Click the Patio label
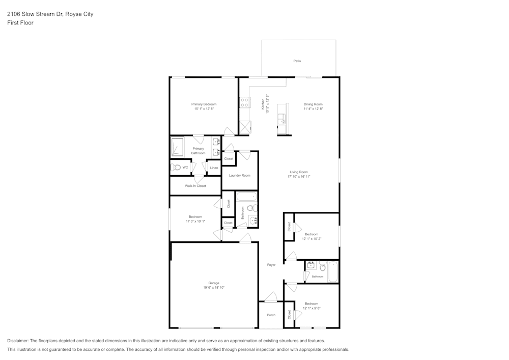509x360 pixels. pyautogui.click(x=297, y=61)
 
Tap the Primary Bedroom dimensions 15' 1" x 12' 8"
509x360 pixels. pyautogui.click(x=204, y=109)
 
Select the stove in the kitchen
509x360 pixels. pyautogui.click(x=244, y=102)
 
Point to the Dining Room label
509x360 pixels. pyautogui.click(x=313, y=104)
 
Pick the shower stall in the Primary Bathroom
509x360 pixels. pyautogui.click(x=177, y=147)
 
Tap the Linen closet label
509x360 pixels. pyautogui.click(x=214, y=168)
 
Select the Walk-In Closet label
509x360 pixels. pyautogui.click(x=195, y=186)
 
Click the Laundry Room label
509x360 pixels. pyautogui.click(x=239, y=176)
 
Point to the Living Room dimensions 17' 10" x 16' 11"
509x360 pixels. pyautogui.click(x=299, y=177)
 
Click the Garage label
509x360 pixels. pyautogui.click(x=214, y=283)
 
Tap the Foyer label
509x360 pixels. pyautogui.click(x=271, y=265)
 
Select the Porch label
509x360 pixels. pyautogui.click(x=271, y=315)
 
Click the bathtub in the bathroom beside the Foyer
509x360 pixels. pyautogui.click(x=333, y=271)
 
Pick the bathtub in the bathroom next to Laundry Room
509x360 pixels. pyautogui.click(x=247, y=197)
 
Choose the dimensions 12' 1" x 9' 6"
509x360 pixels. pyautogui.click(x=311, y=308)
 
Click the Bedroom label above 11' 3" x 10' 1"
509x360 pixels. pyautogui.click(x=195, y=217)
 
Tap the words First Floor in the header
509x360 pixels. pyautogui.click(x=20, y=23)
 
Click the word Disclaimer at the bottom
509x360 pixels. pyautogui.click(x=18, y=341)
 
